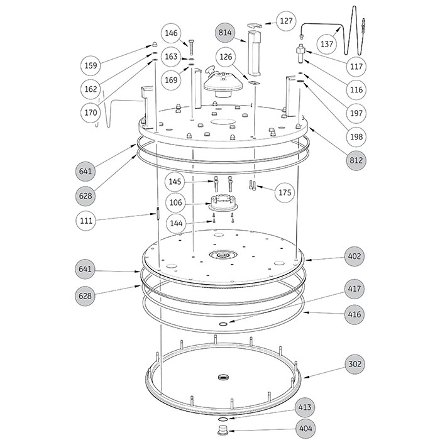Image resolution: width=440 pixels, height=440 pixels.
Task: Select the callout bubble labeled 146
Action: [x=172, y=33]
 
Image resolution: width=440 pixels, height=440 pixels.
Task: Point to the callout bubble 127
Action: [x=287, y=21]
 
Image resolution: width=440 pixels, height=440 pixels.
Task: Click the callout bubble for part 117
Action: [x=356, y=66]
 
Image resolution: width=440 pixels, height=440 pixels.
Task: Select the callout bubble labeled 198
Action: [x=356, y=136]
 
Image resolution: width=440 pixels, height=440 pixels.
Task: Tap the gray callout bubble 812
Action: [x=356, y=160]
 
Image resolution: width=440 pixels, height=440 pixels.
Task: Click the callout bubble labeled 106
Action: [x=177, y=202]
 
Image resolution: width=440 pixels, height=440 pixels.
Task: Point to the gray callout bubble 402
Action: [x=355, y=256]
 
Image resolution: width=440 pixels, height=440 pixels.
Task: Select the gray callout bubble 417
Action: [x=355, y=289]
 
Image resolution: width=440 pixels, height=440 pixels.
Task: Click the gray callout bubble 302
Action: [x=355, y=365]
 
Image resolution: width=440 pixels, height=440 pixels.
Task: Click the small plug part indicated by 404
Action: [x=222, y=430]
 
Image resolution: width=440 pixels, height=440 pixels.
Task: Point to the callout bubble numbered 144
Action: [x=177, y=223]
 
